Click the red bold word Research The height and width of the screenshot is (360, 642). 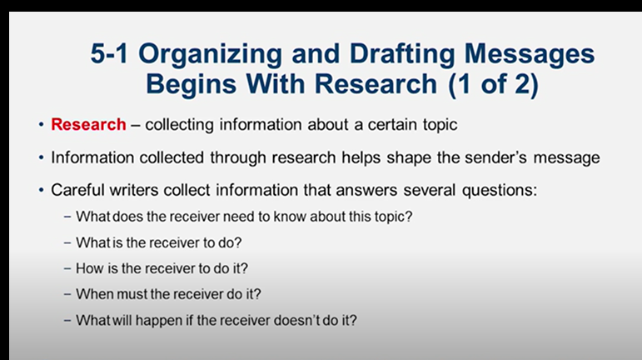[x=88, y=125]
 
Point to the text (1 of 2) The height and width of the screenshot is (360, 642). [x=497, y=84]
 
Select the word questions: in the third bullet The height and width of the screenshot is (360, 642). [x=503, y=190]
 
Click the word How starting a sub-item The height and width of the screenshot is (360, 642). [x=89, y=268]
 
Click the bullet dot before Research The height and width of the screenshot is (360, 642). [x=40, y=125]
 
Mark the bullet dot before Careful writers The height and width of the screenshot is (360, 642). [x=40, y=190]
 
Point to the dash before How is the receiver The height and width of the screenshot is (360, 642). [x=67, y=268]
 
